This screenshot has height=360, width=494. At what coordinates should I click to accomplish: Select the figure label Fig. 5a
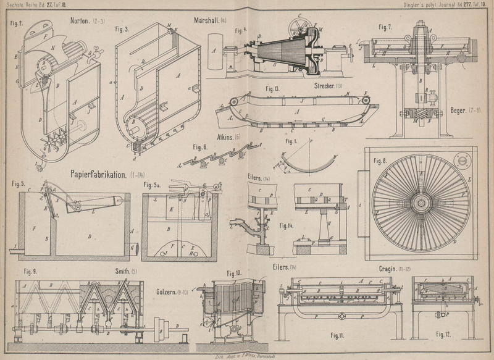point(152,185)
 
